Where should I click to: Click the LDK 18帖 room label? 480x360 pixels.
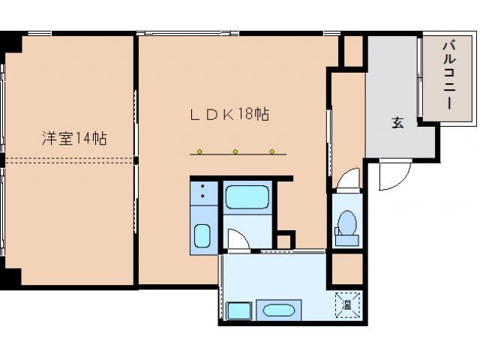(229, 115)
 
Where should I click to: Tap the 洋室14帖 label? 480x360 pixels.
(74, 138)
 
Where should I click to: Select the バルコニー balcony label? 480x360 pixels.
(448, 75)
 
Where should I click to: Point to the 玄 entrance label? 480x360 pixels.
(397, 122)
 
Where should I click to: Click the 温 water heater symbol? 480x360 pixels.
(347, 304)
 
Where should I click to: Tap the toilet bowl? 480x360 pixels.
(348, 222)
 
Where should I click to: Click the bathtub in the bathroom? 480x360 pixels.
(247, 196)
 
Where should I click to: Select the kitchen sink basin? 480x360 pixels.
(202, 235)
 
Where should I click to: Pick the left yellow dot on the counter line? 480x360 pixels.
(199, 151)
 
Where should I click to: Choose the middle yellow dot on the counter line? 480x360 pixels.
(235, 151)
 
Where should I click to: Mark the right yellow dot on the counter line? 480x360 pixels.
(272, 151)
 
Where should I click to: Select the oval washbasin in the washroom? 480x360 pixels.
(278, 310)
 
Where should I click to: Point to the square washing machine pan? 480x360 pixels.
(238, 311)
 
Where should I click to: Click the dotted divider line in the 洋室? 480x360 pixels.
(69, 160)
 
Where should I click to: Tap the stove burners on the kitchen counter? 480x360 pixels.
(202, 190)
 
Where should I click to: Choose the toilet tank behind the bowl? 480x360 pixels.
(346, 240)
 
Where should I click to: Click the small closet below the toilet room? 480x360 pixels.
(347, 268)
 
